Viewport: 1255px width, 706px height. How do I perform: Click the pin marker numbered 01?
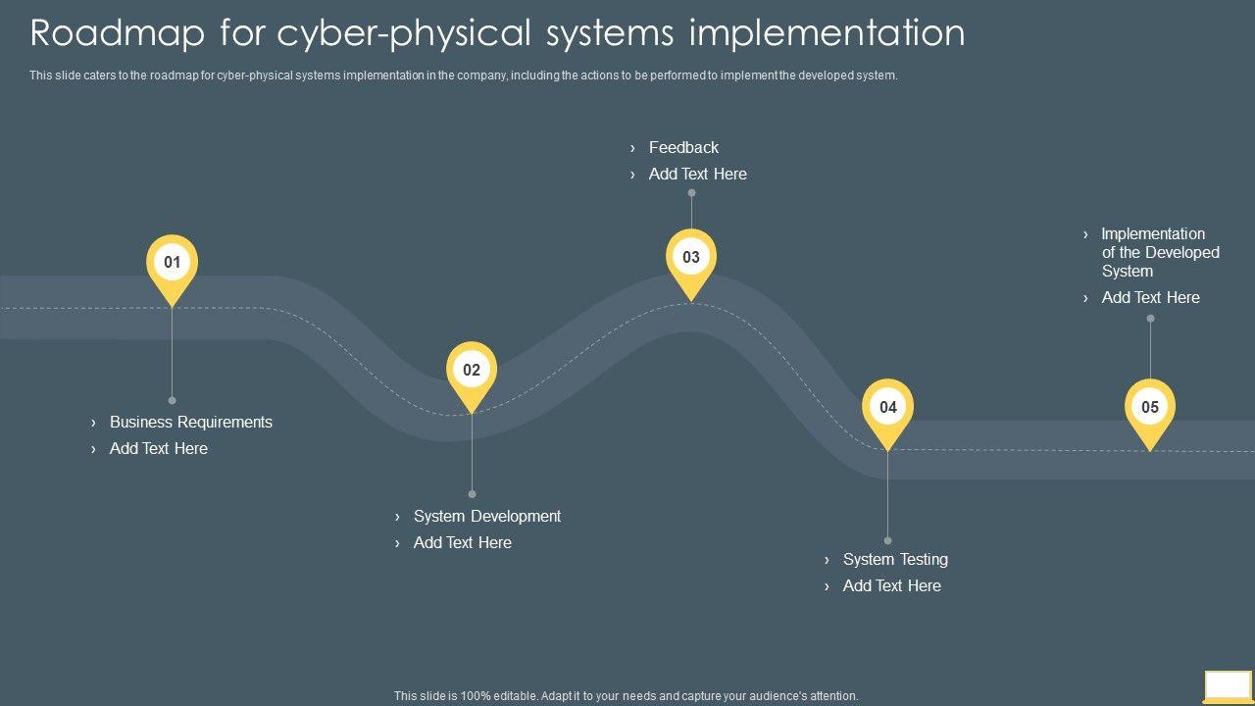[x=172, y=263]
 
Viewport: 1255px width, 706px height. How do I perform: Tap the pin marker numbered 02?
[x=472, y=371]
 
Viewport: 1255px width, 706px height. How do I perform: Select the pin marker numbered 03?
[x=691, y=258]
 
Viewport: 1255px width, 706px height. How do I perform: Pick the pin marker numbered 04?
[x=887, y=408]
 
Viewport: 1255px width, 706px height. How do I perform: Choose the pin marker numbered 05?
[x=1149, y=408]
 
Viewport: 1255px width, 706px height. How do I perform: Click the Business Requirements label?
[x=190, y=423]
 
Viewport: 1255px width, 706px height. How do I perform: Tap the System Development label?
[x=486, y=517]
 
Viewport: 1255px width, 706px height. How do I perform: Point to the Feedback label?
[x=683, y=148]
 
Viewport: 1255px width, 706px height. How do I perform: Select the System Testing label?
[x=895, y=560]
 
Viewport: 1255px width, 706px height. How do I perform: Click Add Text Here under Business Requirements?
[x=158, y=449]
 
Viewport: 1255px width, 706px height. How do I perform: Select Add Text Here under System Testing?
[x=891, y=586]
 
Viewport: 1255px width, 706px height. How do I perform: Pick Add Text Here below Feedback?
[x=697, y=175]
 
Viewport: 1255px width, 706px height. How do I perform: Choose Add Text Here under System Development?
[x=462, y=543]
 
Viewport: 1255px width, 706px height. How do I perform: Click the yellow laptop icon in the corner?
[x=1228, y=685]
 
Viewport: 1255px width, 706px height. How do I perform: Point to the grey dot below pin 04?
[x=887, y=540]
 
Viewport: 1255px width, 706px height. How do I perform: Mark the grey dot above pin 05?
[x=1150, y=319]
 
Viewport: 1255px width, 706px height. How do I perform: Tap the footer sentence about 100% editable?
[x=626, y=696]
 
